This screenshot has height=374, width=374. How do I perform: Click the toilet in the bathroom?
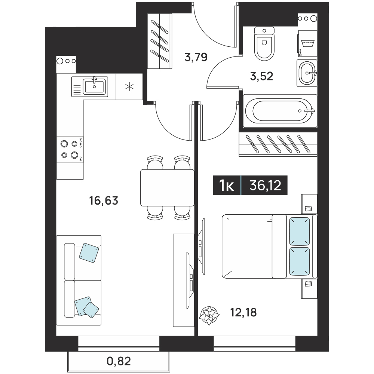(x=264, y=43)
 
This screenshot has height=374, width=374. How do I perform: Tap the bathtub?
(x=280, y=111)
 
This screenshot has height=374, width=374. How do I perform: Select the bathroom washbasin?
(x=307, y=73)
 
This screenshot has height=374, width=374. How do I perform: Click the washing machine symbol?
(x=307, y=43)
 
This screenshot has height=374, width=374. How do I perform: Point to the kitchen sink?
(x=90, y=86)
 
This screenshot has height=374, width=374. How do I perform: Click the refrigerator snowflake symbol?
(x=129, y=87)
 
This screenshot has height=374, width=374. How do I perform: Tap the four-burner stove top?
(x=70, y=149)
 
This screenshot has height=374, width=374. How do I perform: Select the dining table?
(x=167, y=188)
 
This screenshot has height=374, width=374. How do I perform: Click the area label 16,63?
(x=104, y=200)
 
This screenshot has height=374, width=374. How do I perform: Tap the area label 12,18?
(x=243, y=312)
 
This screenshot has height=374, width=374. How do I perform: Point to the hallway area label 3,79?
(x=196, y=57)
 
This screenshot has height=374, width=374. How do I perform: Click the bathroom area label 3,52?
(x=262, y=76)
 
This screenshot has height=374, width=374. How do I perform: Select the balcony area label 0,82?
(x=119, y=361)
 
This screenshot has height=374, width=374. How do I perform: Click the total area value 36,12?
(x=265, y=186)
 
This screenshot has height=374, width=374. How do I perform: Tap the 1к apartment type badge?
(x=227, y=186)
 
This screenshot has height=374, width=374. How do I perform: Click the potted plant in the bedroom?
(x=209, y=315)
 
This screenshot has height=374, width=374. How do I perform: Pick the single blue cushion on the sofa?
(x=89, y=253)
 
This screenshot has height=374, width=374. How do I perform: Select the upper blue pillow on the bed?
(x=300, y=231)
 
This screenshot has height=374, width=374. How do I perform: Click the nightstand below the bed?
(x=309, y=289)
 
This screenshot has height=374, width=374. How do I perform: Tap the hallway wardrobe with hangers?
(x=160, y=41)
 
